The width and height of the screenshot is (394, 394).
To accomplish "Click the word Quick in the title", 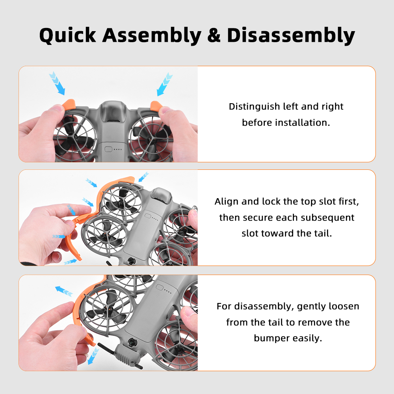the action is (x=68, y=35).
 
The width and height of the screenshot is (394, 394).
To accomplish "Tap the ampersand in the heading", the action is (x=214, y=35).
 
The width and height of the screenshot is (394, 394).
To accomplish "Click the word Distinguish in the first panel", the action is (x=254, y=107).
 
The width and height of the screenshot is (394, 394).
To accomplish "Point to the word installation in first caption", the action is (x=302, y=123).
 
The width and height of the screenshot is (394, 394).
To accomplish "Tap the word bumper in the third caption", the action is (x=272, y=338).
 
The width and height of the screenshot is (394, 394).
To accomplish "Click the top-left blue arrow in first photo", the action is (x=57, y=83).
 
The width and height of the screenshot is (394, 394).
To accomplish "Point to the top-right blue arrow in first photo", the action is (x=164, y=84).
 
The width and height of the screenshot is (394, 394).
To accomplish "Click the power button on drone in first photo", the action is (x=108, y=149).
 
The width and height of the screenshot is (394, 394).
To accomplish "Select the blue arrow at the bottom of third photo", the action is (x=93, y=356).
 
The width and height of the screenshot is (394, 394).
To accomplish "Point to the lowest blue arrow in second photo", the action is (x=71, y=262).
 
